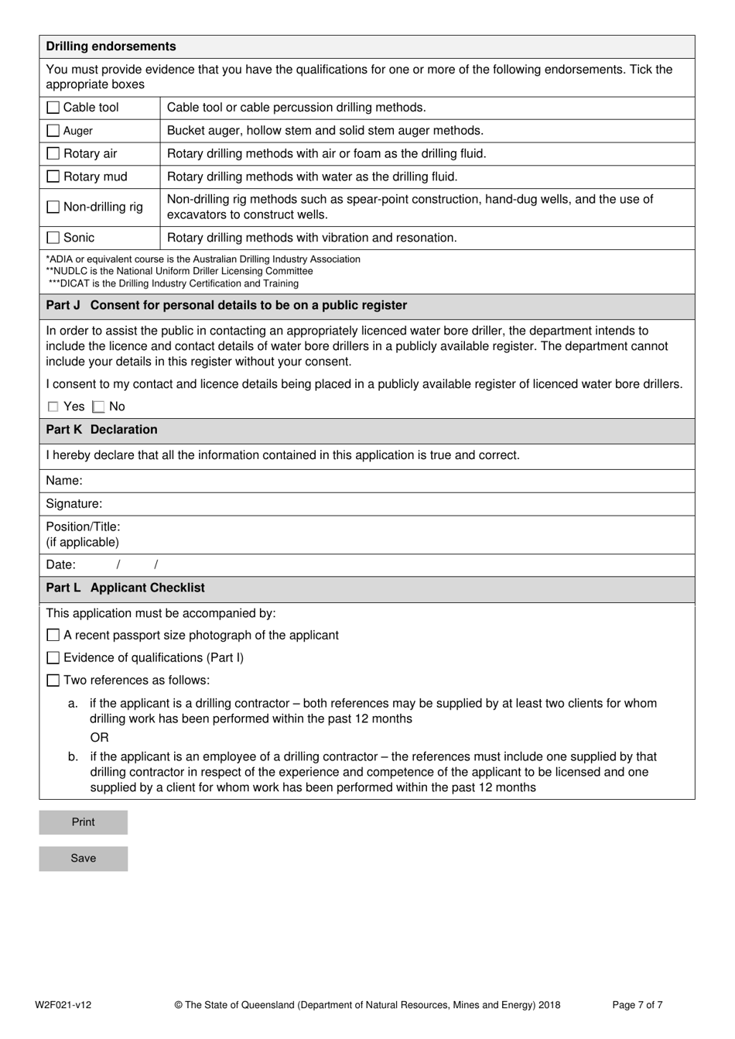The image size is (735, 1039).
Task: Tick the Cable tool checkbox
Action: tap(53, 108)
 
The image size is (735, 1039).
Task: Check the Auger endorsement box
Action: tap(53, 131)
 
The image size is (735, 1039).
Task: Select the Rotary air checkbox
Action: tap(53, 154)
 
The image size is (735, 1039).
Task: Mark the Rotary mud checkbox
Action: tap(53, 177)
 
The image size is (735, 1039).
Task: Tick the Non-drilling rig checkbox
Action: tap(53, 207)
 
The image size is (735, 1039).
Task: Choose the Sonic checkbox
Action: tap(53, 238)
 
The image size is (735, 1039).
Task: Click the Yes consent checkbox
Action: tap(53, 407)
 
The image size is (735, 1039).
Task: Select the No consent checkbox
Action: tap(98, 407)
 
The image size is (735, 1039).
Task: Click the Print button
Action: tap(83, 822)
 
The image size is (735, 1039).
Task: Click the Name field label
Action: tap(64, 481)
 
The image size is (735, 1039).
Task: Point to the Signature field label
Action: tap(73, 504)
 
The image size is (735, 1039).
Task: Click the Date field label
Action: tap(60, 565)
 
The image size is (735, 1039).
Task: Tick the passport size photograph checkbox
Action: tap(53, 636)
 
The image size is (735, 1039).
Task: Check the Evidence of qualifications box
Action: tap(53, 658)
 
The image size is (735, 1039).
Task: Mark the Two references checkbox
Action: tap(53, 681)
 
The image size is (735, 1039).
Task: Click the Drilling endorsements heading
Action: tap(111, 46)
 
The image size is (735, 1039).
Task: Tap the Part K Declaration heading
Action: tap(101, 430)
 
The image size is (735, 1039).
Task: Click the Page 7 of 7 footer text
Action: tap(637, 1005)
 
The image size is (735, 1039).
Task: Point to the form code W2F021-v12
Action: tap(63, 1005)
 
